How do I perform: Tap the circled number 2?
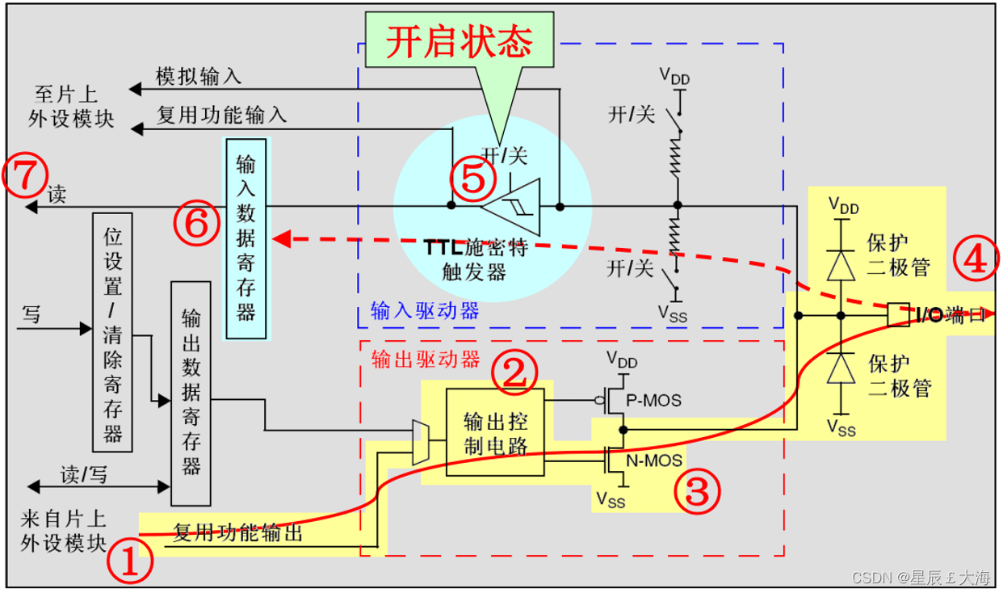click(514, 373)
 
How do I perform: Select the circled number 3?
click(697, 490)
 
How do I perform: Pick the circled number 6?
click(197, 226)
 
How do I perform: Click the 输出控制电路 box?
click(495, 432)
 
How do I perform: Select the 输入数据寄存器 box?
click(246, 239)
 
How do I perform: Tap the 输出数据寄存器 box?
click(191, 393)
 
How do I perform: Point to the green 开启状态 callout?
click(460, 42)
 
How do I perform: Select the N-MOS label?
click(655, 461)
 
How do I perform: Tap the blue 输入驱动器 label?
click(425, 311)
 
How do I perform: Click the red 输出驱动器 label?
click(426, 360)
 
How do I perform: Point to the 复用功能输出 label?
click(238, 532)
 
